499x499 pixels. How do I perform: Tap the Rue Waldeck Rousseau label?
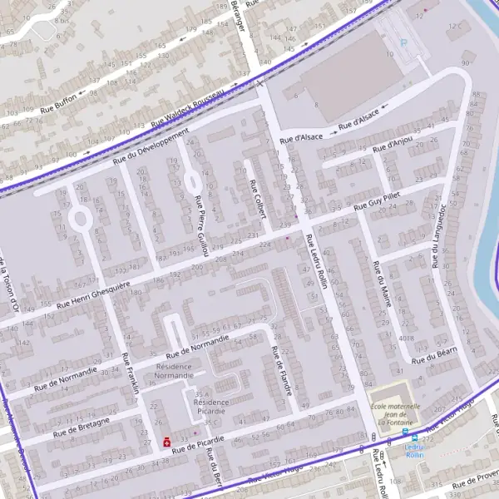pos(189,107)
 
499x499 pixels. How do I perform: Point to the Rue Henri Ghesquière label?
pos(93,297)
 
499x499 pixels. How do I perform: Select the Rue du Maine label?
pos(383,285)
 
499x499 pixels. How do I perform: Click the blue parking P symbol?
pos(404,43)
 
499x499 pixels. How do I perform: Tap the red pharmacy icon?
pos(167,442)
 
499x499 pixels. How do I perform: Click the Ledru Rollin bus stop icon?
pos(406,432)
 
